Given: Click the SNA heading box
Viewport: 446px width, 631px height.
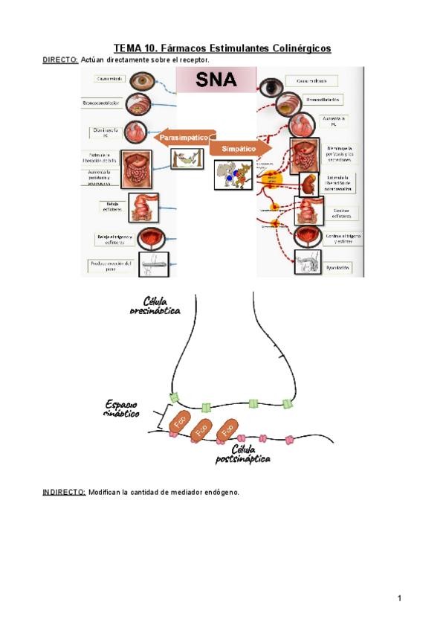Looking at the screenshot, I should [216, 80].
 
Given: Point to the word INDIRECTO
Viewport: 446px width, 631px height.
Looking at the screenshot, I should [64, 492].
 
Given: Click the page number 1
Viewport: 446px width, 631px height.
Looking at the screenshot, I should [399, 598].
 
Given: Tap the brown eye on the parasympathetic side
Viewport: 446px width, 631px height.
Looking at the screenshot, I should [140, 80].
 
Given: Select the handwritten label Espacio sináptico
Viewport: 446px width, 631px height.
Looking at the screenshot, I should [121, 409].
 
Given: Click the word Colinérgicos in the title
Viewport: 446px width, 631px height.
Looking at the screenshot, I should [289, 48].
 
